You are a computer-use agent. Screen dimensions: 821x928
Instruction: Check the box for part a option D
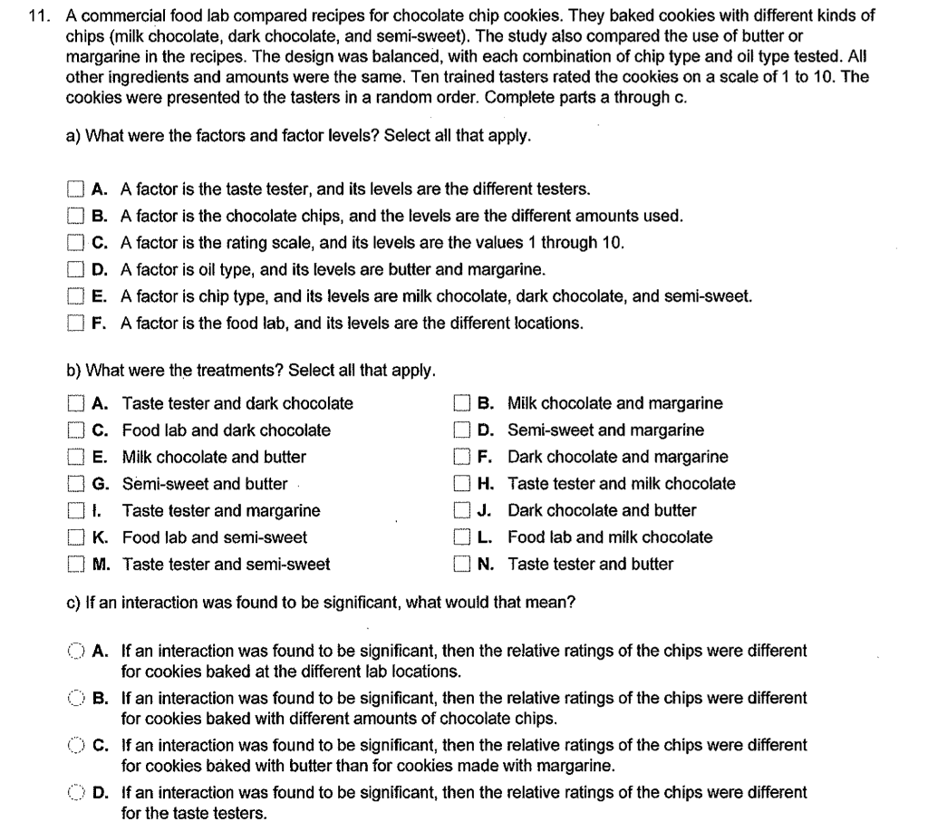coord(74,270)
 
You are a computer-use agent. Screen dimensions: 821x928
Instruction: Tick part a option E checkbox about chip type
coord(74,296)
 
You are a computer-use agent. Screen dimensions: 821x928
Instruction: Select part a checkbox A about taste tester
coord(74,190)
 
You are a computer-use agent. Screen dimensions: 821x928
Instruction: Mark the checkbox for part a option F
coord(74,324)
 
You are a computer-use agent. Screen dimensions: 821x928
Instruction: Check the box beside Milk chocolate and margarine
coord(461,403)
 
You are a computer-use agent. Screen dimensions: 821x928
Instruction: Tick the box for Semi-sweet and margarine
coord(461,430)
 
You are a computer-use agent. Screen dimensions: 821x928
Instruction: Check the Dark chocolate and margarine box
coord(461,458)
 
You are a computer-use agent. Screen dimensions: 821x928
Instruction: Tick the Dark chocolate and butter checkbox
coord(461,510)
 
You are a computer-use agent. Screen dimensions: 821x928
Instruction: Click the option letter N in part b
coord(486,564)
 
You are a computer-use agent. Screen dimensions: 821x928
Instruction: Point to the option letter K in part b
coord(101,537)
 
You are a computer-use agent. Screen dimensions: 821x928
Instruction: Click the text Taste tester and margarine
coord(221,510)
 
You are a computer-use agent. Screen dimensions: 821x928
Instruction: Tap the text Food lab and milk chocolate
coord(610,537)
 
